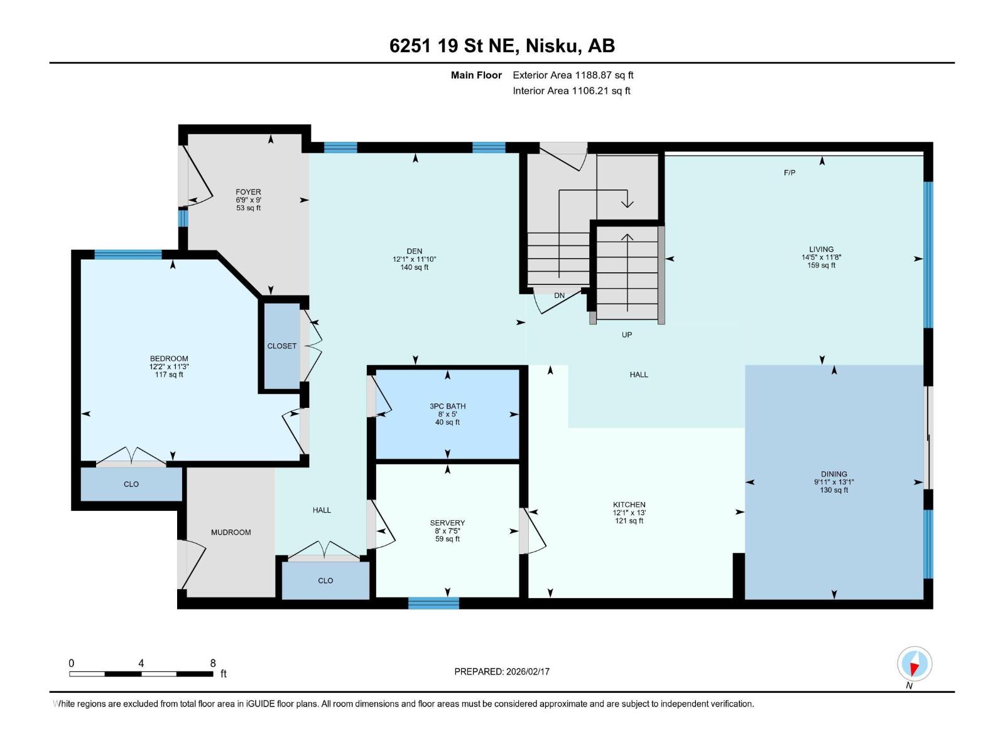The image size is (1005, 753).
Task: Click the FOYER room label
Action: (248, 192)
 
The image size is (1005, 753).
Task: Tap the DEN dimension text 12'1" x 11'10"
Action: (414, 259)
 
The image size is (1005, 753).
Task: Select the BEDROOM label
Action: (169, 359)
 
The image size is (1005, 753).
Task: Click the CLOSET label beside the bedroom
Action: (281, 346)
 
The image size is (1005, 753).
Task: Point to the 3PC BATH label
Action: (447, 406)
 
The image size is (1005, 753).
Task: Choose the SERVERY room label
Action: (447, 523)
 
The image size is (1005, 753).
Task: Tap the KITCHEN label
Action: (629, 505)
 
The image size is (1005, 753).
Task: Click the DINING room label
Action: (834, 474)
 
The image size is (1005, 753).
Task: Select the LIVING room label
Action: (821, 249)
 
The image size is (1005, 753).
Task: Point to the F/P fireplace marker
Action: (790, 173)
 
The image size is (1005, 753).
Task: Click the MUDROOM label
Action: (231, 532)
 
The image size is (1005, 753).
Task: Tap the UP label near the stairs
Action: (626, 334)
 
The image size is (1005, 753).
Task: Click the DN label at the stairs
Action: (559, 296)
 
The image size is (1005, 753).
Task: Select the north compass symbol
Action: (915, 664)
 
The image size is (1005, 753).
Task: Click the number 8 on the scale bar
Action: (213, 663)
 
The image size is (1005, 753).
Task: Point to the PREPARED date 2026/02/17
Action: (502, 671)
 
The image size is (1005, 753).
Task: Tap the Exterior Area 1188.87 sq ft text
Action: (573, 75)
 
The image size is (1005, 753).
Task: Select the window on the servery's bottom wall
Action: (433, 603)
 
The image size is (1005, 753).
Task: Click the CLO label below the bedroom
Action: (131, 484)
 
